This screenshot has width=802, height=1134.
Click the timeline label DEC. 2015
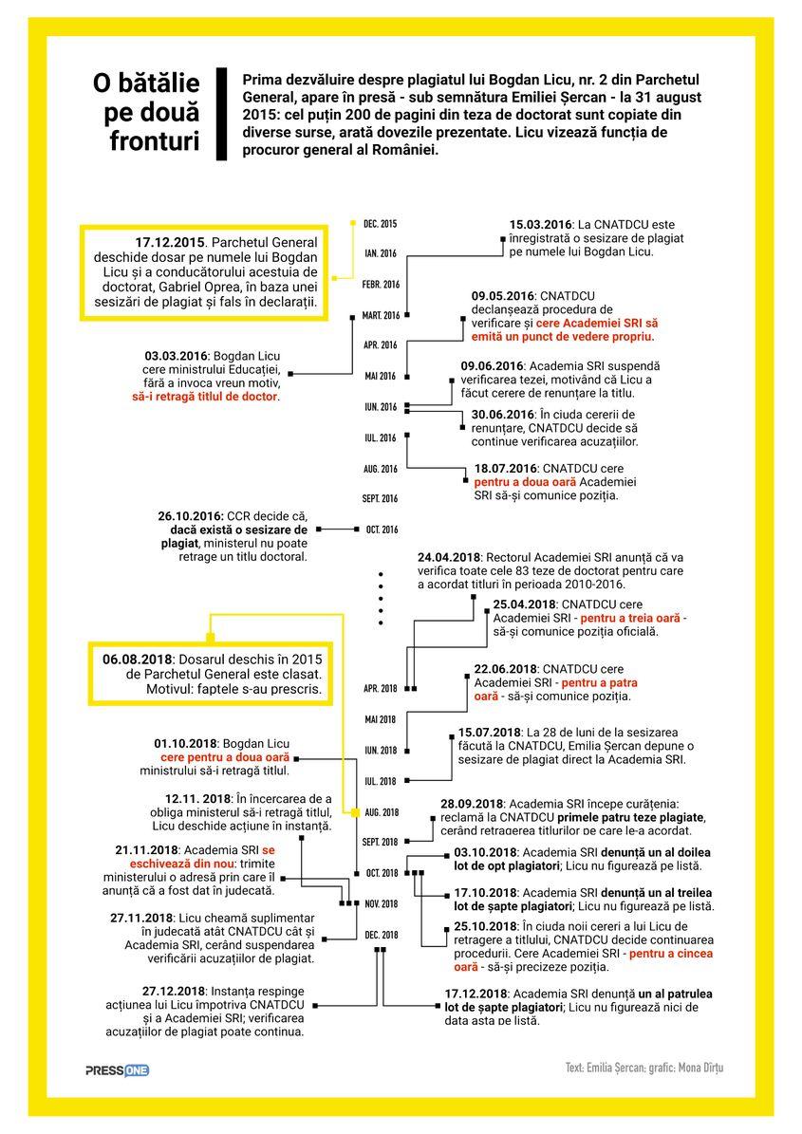coord(380,224)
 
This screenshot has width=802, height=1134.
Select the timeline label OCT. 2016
coord(382,530)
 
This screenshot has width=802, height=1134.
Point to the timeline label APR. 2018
coord(381,688)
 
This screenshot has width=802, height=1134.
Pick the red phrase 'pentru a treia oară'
coord(633,618)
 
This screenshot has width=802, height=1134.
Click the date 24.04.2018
coord(449,556)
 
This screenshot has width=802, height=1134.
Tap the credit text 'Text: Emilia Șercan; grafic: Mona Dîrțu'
coord(643,1069)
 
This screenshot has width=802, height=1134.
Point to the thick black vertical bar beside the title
coord(223,114)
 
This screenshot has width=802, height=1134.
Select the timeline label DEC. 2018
coord(382,935)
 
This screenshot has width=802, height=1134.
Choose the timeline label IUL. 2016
coord(381,437)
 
